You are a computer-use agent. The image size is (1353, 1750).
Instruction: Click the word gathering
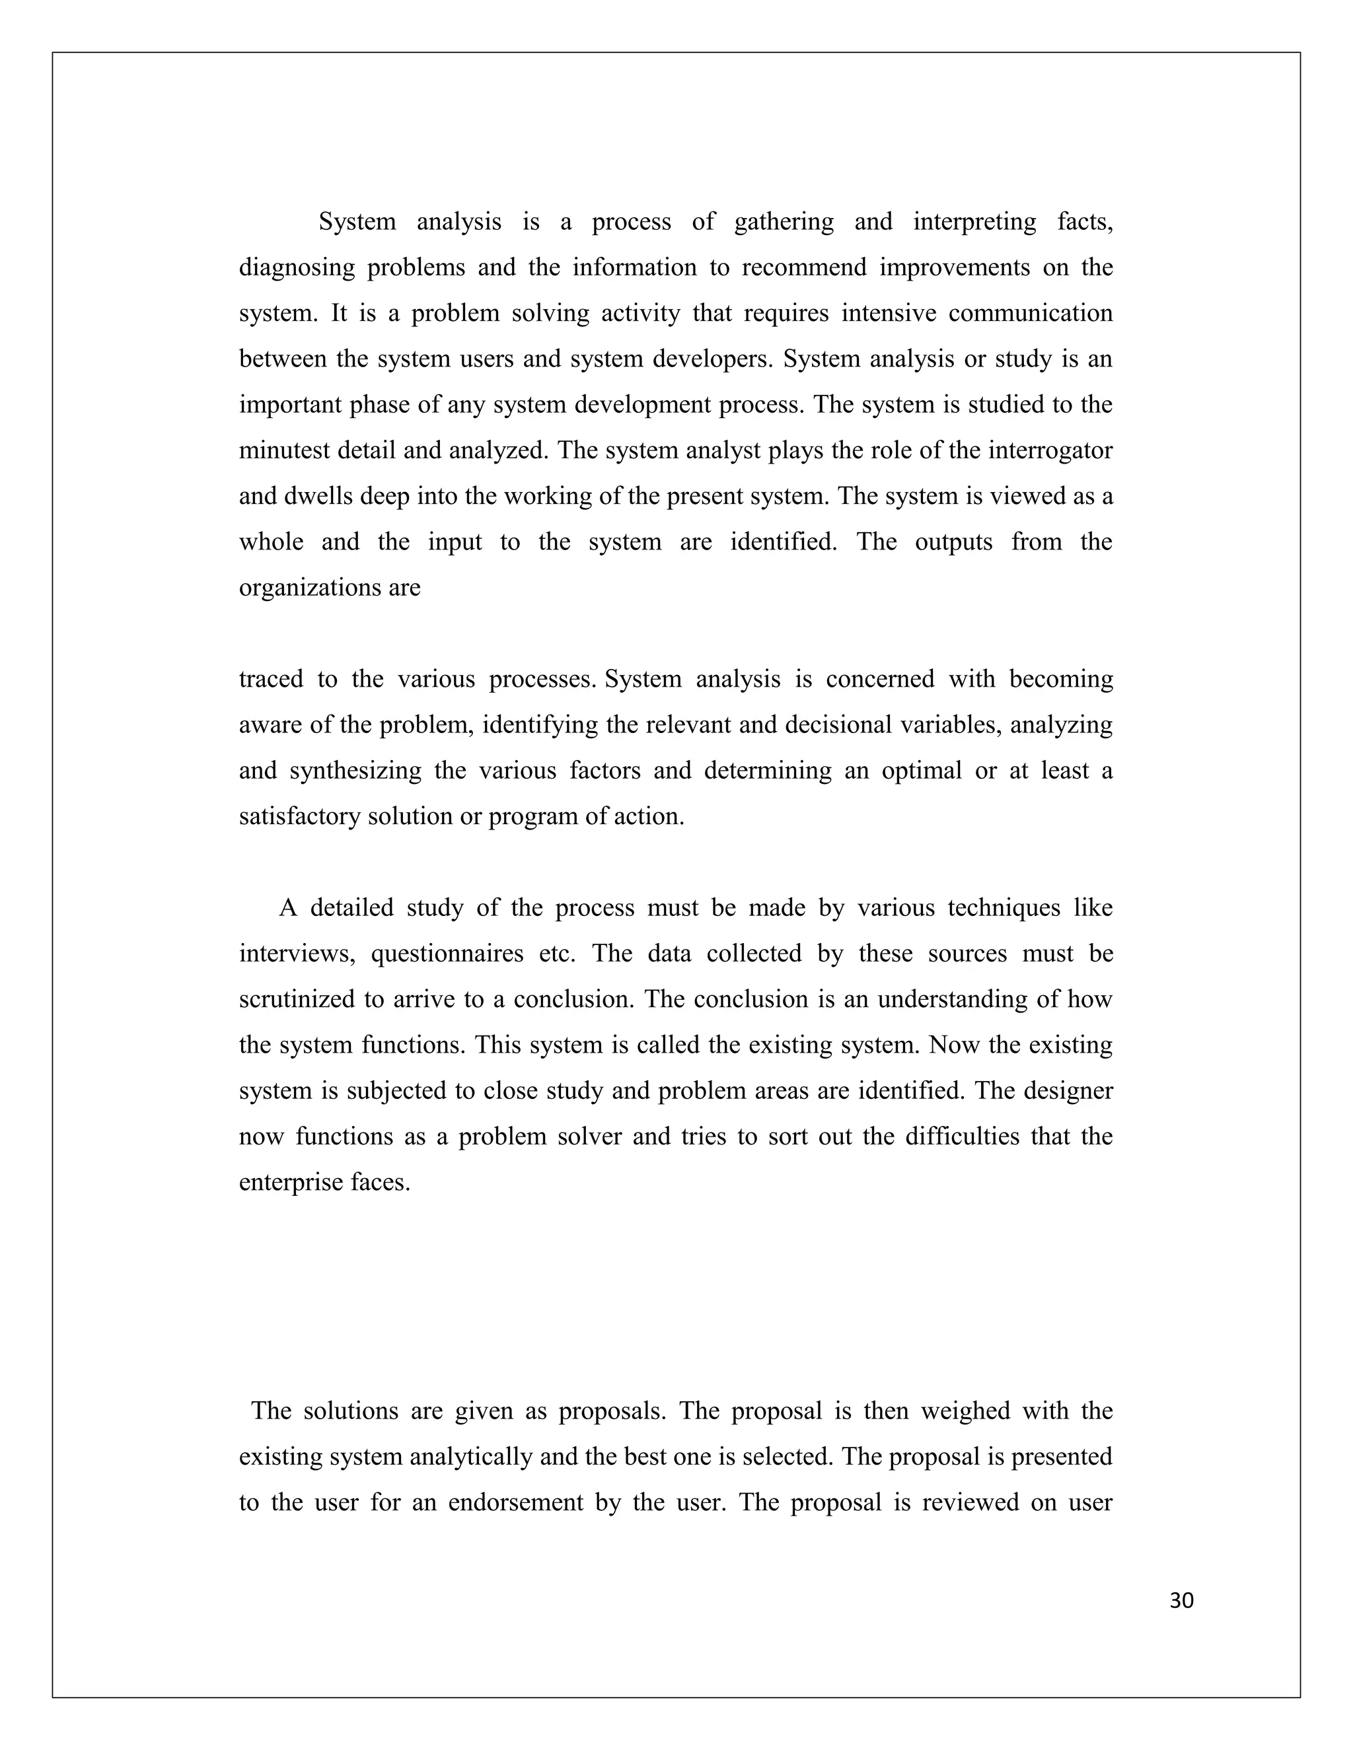click(783, 222)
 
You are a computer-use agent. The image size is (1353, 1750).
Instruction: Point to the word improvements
click(954, 267)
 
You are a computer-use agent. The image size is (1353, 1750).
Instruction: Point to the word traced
click(270, 680)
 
